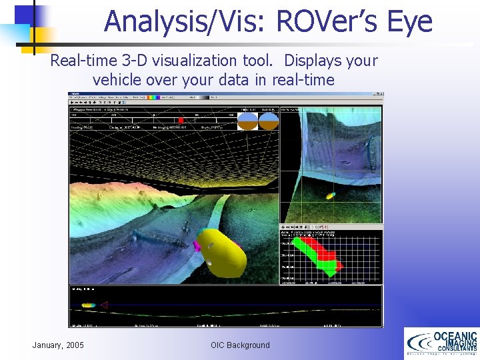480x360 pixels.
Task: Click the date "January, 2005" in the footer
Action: (x=58, y=345)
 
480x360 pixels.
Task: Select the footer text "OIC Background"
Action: (x=240, y=345)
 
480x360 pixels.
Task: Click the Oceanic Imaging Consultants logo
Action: (x=441, y=344)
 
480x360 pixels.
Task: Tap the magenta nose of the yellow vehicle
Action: (x=197, y=245)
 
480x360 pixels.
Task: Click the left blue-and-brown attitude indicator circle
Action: (x=248, y=121)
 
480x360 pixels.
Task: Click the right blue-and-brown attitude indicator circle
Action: (x=268, y=121)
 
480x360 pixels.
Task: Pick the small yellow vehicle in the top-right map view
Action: (x=330, y=196)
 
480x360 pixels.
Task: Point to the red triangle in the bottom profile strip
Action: (x=103, y=305)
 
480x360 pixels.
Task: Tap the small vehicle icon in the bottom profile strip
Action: (x=88, y=305)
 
